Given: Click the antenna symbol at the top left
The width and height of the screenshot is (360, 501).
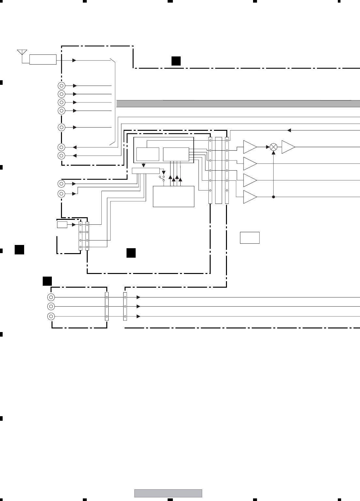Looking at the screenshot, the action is [x=22, y=53].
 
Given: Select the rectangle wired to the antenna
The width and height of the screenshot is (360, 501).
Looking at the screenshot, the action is [x=43, y=60].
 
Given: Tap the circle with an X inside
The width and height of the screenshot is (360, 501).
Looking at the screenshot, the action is [x=274, y=147].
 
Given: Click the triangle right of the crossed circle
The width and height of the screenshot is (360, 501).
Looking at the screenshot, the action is [x=288, y=147].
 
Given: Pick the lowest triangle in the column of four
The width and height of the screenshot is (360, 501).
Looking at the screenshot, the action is [x=250, y=197].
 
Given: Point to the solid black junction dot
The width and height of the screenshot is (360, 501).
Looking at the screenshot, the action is [x=273, y=197].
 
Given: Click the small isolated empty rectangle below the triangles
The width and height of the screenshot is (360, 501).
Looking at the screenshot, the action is [x=250, y=238].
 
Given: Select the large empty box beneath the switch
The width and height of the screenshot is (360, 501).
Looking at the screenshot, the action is [x=173, y=196].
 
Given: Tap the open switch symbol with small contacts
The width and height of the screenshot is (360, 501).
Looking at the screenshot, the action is [x=161, y=177].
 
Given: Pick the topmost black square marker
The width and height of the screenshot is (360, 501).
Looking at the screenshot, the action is [x=176, y=61].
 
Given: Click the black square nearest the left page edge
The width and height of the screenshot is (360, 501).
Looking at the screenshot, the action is [x=19, y=250].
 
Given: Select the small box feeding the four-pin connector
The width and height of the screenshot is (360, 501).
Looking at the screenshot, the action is [x=62, y=224].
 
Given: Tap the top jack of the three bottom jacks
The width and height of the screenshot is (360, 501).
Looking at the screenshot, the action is [x=51, y=297].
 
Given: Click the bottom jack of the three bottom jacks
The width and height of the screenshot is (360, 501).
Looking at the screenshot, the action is [x=51, y=316].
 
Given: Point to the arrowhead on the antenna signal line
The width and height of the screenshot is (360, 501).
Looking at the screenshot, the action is [x=75, y=60].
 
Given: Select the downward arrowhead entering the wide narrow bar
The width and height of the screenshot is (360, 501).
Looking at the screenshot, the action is [x=143, y=165].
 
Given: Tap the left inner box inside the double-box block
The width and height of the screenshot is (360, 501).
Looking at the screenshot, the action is [x=148, y=154].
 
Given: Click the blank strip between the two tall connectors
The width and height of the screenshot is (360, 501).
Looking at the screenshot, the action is [x=218, y=170].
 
